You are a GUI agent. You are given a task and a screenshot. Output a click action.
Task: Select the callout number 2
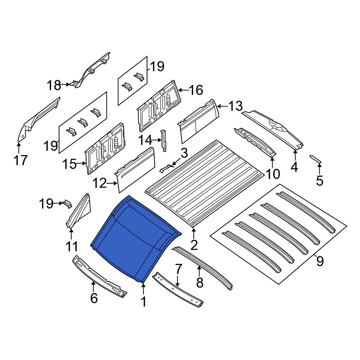[194, 245]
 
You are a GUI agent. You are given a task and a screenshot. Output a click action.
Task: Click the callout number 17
[21, 160]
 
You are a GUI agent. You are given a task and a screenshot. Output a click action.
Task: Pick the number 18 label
[54, 85]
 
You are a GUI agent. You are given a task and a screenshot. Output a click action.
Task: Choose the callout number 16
[196, 90]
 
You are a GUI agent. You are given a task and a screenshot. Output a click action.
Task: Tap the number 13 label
[235, 106]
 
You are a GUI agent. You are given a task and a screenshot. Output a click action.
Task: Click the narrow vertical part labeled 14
[164, 140]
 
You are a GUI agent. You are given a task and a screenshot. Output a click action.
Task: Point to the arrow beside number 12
[112, 183]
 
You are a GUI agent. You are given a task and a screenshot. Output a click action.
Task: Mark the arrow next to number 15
[81, 163]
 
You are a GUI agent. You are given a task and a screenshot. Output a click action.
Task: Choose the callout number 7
[179, 269]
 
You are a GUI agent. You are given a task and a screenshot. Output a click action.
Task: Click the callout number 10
[273, 174]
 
